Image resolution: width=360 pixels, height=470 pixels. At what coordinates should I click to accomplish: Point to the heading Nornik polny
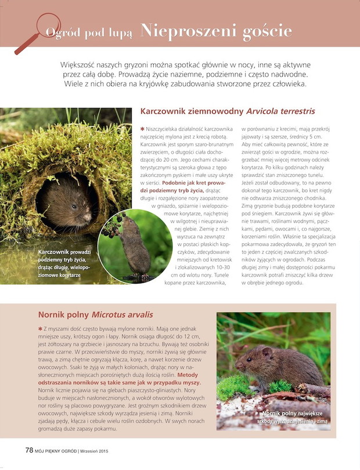click(x=63, y=314)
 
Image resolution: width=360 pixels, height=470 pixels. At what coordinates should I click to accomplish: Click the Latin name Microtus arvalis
click(x=123, y=314)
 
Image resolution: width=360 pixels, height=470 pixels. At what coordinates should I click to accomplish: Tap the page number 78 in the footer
click(x=29, y=450)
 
